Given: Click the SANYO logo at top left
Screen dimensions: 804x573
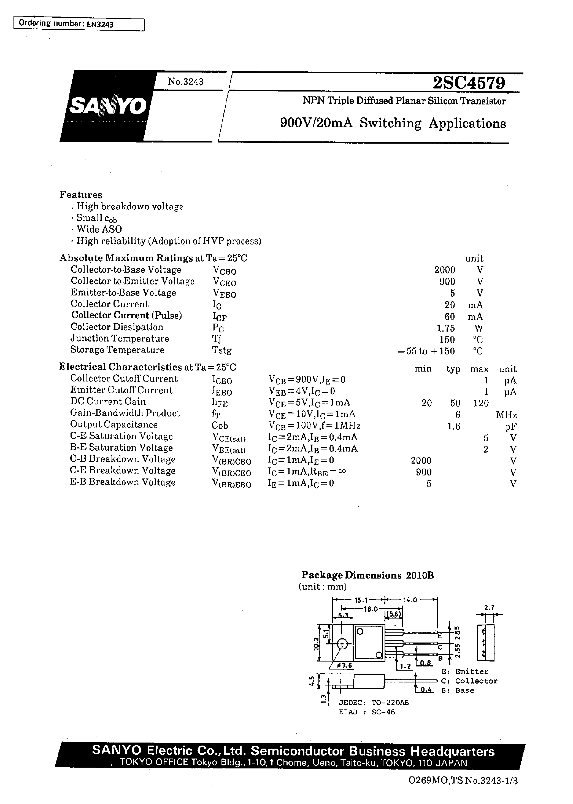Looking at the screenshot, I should click(x=108, y=105).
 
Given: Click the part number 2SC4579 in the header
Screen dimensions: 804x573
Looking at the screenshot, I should click(x=469, y=83).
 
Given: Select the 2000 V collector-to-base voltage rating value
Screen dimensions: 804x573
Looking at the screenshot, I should click(x=445, y=270).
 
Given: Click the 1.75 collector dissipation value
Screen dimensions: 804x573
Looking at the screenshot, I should click(x=446, y=328).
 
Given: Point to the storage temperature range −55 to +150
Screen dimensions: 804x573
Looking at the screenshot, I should click(x=426, y=351).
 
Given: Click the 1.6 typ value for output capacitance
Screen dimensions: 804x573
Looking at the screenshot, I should click(x=454, y=426).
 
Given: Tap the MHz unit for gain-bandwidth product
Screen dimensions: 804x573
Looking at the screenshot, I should click(x=506, y=415).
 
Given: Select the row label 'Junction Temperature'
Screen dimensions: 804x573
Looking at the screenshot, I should click(x=120, y=339).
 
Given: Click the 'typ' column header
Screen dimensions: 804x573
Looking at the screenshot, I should click(x=453, y=369).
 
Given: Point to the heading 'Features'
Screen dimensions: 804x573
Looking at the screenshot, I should click(x=81, y=195).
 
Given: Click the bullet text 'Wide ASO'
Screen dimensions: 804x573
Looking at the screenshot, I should click(x=99, y=229).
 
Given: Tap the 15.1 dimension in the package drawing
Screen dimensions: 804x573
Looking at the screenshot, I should click(x=361, y=600).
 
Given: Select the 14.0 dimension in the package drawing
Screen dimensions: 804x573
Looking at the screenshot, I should click(x=410, y=600).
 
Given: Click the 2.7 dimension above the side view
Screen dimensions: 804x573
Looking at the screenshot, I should click(x=489, y=607).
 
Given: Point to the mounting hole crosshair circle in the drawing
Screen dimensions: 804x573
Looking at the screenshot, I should click(x=342, y=644).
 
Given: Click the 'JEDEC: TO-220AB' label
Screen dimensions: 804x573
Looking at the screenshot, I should click(x=374, y=702).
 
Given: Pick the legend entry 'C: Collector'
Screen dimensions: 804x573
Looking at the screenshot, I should click(x=469, y=681).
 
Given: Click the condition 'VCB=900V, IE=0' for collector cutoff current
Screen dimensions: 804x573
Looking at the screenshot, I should click(x=307, y=380).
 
